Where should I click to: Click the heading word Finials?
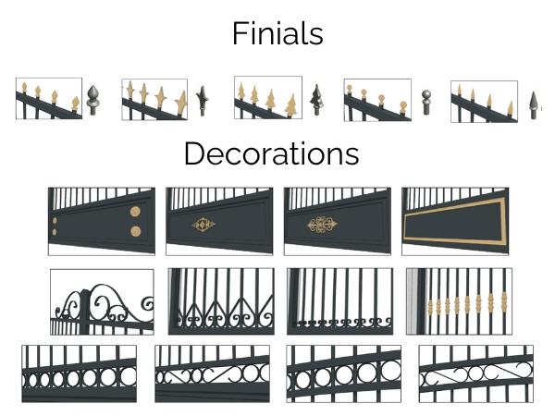pos(277,34)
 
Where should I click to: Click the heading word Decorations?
pos(271,153)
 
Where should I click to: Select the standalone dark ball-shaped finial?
pos(425,100)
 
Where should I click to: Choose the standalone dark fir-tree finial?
pos(316,99)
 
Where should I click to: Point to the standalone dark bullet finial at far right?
pos(534,102)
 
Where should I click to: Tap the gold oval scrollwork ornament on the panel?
pos(320,225)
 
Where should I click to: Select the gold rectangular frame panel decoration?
pos(456,222)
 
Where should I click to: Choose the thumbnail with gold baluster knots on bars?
pos(459,301)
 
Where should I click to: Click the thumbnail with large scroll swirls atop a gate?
pos(102,301)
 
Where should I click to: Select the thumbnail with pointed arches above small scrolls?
pos(220,301)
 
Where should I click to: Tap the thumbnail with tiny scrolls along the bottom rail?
pos(339,301)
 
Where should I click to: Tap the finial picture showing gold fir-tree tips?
pos(267,98)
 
